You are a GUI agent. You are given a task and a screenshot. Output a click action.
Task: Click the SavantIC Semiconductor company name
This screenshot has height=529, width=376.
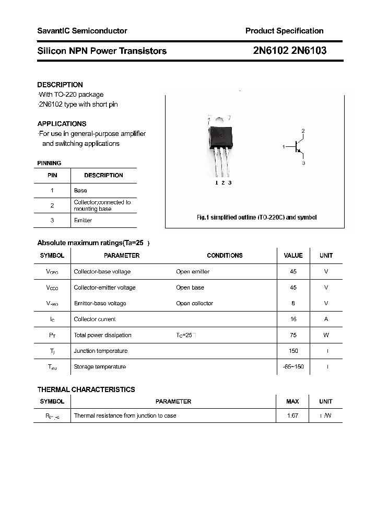[x=82, y=31]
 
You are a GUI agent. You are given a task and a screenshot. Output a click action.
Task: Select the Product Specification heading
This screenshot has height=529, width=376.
[x=284, y=31]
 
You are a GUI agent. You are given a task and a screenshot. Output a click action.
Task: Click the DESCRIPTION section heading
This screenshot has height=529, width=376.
[x=60, y=85]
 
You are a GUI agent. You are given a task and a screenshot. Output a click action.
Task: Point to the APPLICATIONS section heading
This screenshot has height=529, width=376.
[x=62, y=124]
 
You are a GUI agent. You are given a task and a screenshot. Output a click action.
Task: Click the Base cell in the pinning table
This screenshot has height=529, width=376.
[x=80, y=191]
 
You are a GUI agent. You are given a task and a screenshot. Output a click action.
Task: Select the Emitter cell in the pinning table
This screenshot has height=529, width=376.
[x=83, y=221]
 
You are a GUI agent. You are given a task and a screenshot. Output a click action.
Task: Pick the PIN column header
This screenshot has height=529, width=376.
[x=52, y=176]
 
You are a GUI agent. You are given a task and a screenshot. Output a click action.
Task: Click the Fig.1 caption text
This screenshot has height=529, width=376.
[x=256, y=217]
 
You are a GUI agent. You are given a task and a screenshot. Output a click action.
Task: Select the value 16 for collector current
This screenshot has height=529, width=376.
[x=293, y=319]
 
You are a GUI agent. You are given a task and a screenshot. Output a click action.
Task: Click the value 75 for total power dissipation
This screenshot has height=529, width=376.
[x=293, y=335]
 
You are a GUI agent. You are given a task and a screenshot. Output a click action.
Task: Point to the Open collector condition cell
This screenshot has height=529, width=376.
[x=195, y=304]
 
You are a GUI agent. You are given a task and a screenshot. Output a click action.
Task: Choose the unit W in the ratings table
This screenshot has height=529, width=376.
[x=326, y=335]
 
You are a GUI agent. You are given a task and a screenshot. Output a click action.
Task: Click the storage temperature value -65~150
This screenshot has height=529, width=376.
[x=293, y=367]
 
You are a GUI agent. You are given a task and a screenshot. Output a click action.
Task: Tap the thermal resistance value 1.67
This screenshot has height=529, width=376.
[x=292, y=416]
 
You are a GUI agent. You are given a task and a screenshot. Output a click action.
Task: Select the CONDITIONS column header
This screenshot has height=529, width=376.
[x=225, y=256]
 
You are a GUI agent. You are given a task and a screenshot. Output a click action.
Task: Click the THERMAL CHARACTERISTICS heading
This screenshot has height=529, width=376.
[x=86, y=389]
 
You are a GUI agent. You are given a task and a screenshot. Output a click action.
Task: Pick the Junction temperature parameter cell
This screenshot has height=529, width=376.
[x=101, y=351]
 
